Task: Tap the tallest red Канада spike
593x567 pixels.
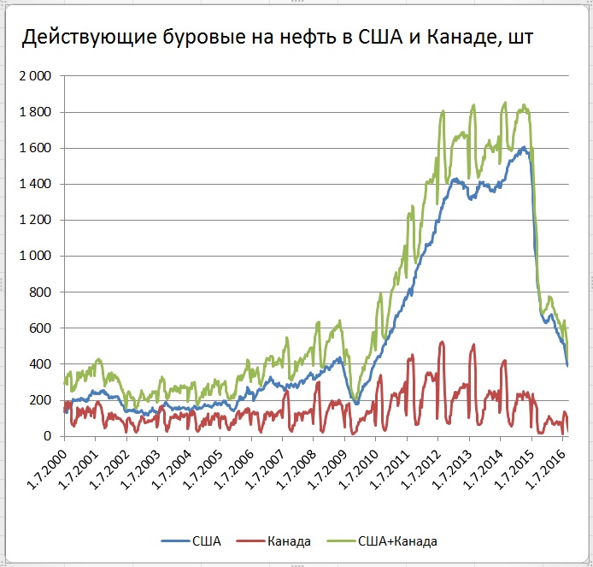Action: pyautogui.click(x=442, y=342)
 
